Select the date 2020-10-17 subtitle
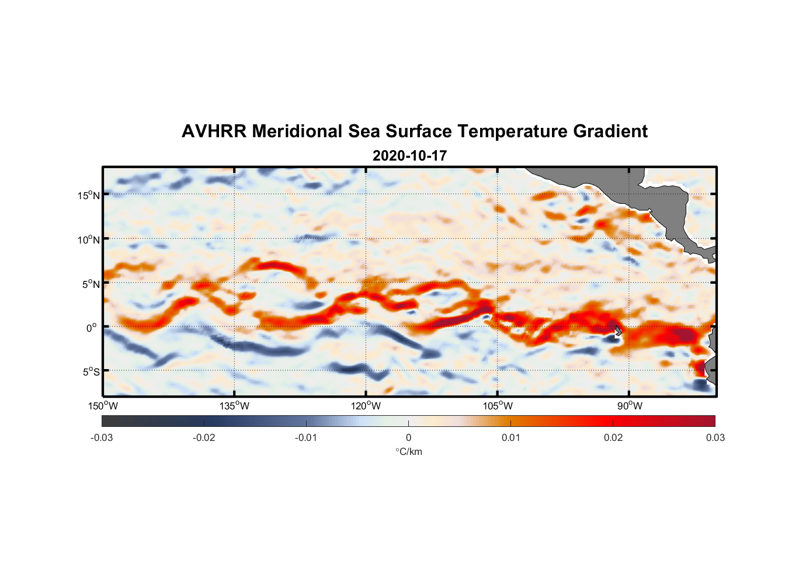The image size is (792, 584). tap(409, 156)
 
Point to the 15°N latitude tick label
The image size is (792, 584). tap(89, 195)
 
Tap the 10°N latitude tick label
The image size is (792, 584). tap(89, 239)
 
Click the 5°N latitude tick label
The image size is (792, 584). tap(91, 284)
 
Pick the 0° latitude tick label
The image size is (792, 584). tap(92, 328)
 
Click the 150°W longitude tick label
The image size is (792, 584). tap(103, 406)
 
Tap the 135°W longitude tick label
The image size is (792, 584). tap(235, 406)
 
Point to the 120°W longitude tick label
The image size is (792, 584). tap(366, 406)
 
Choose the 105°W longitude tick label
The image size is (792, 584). tap(498, 406)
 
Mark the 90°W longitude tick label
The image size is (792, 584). tap(630, 406)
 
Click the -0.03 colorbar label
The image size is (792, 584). tap(102, 437)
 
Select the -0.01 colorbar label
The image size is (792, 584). tap(306, 437)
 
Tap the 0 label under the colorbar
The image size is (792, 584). tap(408, 437)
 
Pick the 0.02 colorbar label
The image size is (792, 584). tap(613, 437)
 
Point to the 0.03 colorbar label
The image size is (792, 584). tap(715, 437)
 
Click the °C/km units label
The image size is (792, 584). tap(408, 451)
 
